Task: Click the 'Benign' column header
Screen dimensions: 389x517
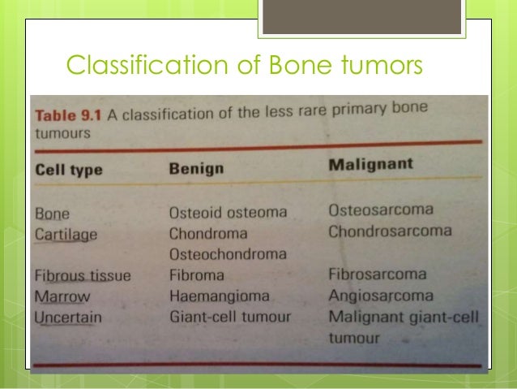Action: (196, 169)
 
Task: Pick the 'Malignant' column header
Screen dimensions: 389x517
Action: (371, 164)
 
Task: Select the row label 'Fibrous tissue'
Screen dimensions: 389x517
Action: (83, 276)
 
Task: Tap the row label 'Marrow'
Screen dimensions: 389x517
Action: (62, 296)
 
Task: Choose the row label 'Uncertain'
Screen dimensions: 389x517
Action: (69, 316)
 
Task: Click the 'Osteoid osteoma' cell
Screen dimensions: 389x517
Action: (228, 213)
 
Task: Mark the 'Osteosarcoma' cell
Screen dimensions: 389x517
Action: (381, 210)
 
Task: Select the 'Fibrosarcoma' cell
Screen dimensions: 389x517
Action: (378, 273)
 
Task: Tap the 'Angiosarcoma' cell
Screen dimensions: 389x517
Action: (381, 294)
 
